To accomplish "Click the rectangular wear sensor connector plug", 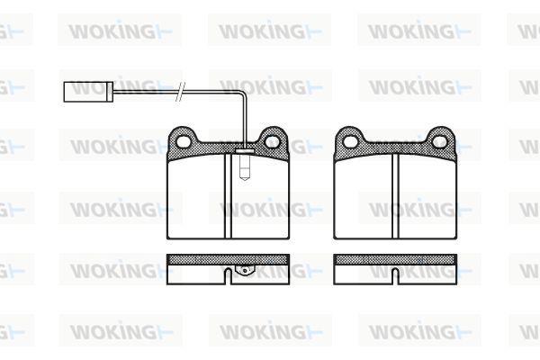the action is (x=88, y=92).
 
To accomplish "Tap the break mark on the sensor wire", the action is (x=180, y=92).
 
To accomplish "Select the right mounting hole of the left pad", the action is (x=272, y=140).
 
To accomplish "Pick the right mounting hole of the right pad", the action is (x=440, y=141).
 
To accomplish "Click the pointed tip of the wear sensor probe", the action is (x=245, y=179).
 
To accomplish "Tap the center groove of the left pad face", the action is (x=228, y=195).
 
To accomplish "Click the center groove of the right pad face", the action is (x=395, y=195).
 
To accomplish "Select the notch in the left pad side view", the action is (x=228, y=276).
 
